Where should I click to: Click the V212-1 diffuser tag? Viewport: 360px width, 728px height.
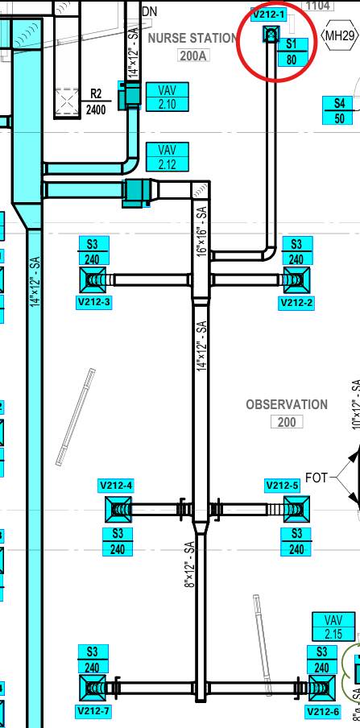[x=268, y=14]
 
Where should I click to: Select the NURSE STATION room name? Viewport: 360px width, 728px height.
[x=192, y=38]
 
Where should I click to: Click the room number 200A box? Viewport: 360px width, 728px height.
[x=192, y=56]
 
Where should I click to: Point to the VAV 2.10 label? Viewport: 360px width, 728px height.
[x=168, y=97]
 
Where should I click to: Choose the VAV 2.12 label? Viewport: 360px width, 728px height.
[x=168, y=157]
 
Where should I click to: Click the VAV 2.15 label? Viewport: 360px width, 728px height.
[x=333, y=627]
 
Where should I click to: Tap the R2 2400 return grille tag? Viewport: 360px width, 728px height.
[x=96, y=101]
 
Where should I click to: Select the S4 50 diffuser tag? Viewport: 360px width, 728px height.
[x=340, y=110]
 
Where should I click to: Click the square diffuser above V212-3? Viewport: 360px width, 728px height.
[x=93, y=280]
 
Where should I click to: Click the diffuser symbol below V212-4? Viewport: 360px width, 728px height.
[x=118, y=510]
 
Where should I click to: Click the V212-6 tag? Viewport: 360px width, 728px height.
[x=323, y=711]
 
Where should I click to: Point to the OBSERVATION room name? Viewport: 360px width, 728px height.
[x=287, y=404]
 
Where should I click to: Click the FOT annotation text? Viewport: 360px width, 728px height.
[x=317, y=478]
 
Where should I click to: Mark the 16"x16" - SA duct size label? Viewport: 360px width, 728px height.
[x=201, y=232]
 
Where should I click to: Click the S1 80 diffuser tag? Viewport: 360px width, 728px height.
[x=292, y=52]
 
